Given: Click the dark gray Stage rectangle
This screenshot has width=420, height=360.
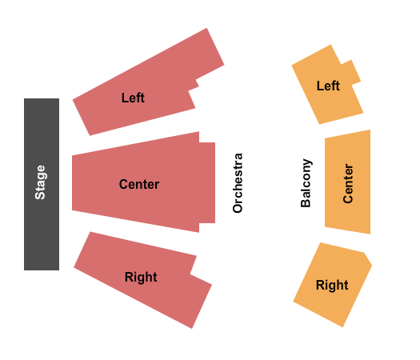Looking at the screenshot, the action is point(42,184).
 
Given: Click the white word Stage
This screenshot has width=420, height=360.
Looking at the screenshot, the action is point(41,182).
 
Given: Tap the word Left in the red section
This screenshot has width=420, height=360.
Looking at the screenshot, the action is point(133,98).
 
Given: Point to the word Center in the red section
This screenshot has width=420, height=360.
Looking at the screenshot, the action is point(139,184).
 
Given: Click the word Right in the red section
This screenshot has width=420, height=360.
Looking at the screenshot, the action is point(141,277).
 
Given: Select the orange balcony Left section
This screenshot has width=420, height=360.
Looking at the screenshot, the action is point(327,85).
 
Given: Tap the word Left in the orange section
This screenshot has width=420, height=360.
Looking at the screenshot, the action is point(328,86).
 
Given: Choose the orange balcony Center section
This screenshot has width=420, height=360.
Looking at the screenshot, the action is point(348,182).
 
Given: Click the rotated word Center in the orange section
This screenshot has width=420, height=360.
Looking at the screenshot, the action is point(348,183).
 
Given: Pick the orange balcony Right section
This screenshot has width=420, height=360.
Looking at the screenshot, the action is point(333,285).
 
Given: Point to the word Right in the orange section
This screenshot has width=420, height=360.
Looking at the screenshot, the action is point(332,285).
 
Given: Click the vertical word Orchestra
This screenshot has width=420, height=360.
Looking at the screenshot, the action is point(238,183).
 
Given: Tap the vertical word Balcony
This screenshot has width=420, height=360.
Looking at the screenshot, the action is point(306,183).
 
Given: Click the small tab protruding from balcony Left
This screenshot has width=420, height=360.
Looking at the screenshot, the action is point(351,72).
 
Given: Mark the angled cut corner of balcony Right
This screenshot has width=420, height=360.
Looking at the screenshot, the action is point(368,259).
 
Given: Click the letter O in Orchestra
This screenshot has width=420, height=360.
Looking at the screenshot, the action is point(238,208).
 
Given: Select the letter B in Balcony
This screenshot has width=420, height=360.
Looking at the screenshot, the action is point(306,203).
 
